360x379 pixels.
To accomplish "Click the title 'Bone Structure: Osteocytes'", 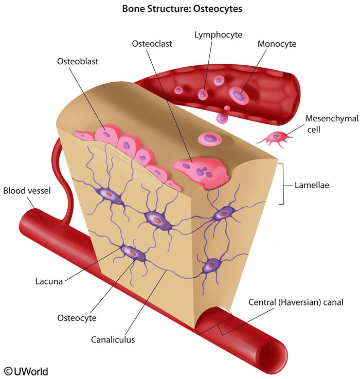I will tap(179, 9).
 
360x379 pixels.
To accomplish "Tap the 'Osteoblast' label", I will tap(77, 61).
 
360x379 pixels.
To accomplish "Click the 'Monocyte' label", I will tap(277, 44).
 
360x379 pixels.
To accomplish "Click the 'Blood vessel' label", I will tap(27, 191).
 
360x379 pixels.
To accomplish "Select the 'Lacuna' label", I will tap(49, 281).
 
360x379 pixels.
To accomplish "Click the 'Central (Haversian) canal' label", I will tap(295, 302).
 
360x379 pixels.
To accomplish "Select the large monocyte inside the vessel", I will tap(238, 95).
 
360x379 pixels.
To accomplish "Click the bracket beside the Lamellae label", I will tap(281, 184).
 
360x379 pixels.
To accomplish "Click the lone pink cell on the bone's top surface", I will tap(210, 138).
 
